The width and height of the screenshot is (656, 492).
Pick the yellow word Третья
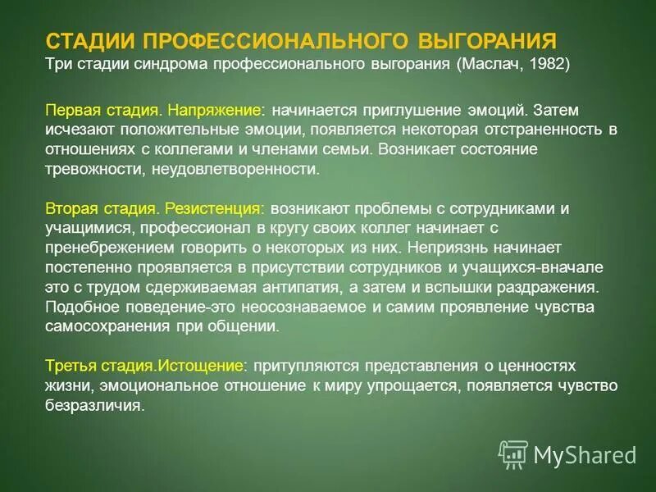(73, 366)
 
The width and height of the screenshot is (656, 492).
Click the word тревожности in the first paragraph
(89, 169)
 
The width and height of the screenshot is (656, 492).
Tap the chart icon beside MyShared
(513, 453)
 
